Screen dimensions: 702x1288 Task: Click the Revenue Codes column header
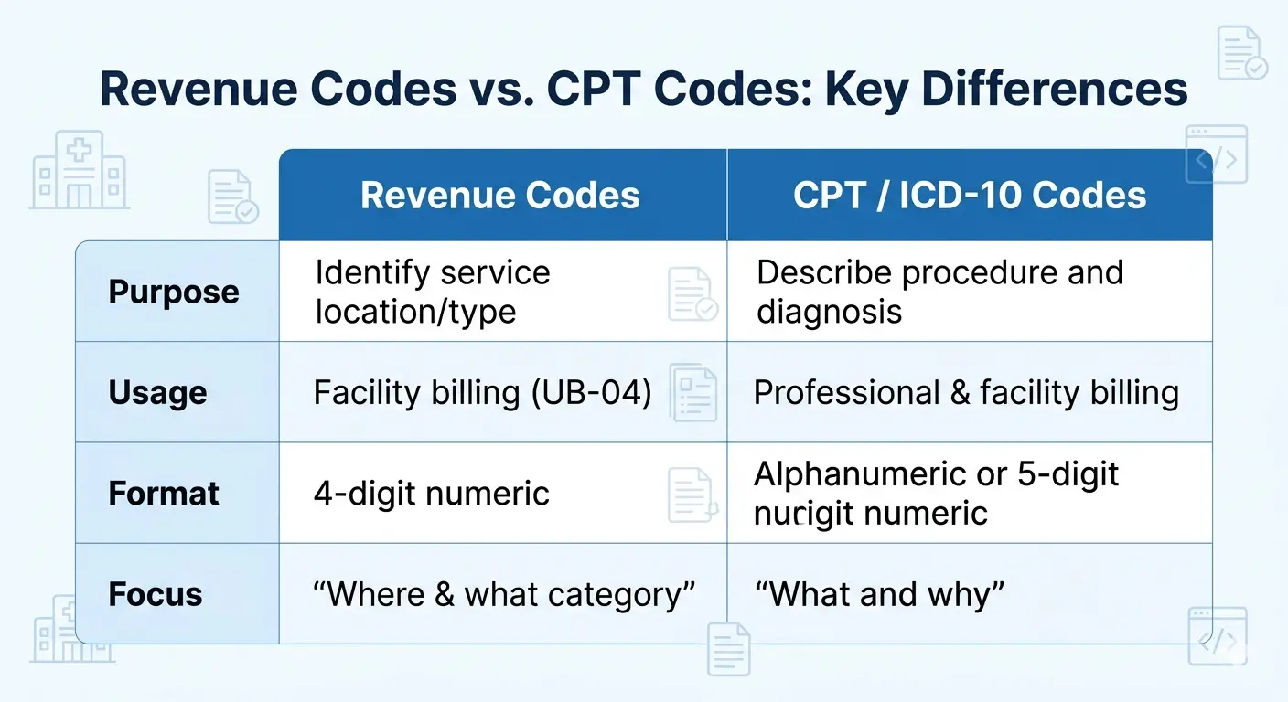click(500, 196)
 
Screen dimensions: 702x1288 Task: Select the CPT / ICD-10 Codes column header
click(969, 196)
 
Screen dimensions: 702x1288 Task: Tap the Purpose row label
click(174, 292)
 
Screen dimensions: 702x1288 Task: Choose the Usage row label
click(158, 393)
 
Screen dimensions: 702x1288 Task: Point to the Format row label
click(164, 494)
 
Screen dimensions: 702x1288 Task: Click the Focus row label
click(156, 594)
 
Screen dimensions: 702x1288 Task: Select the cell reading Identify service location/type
click(432, 292)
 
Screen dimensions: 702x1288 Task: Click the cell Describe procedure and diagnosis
click(939, 292)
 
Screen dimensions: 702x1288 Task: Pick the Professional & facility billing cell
click(966, 393)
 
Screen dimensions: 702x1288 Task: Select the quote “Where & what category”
click(504, 595)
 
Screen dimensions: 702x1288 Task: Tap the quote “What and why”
click(879, 595)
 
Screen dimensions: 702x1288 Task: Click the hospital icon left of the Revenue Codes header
click(80, 170)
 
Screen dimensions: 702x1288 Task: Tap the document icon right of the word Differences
click(1241, 54)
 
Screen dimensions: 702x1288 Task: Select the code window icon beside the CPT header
click(1217, 156)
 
